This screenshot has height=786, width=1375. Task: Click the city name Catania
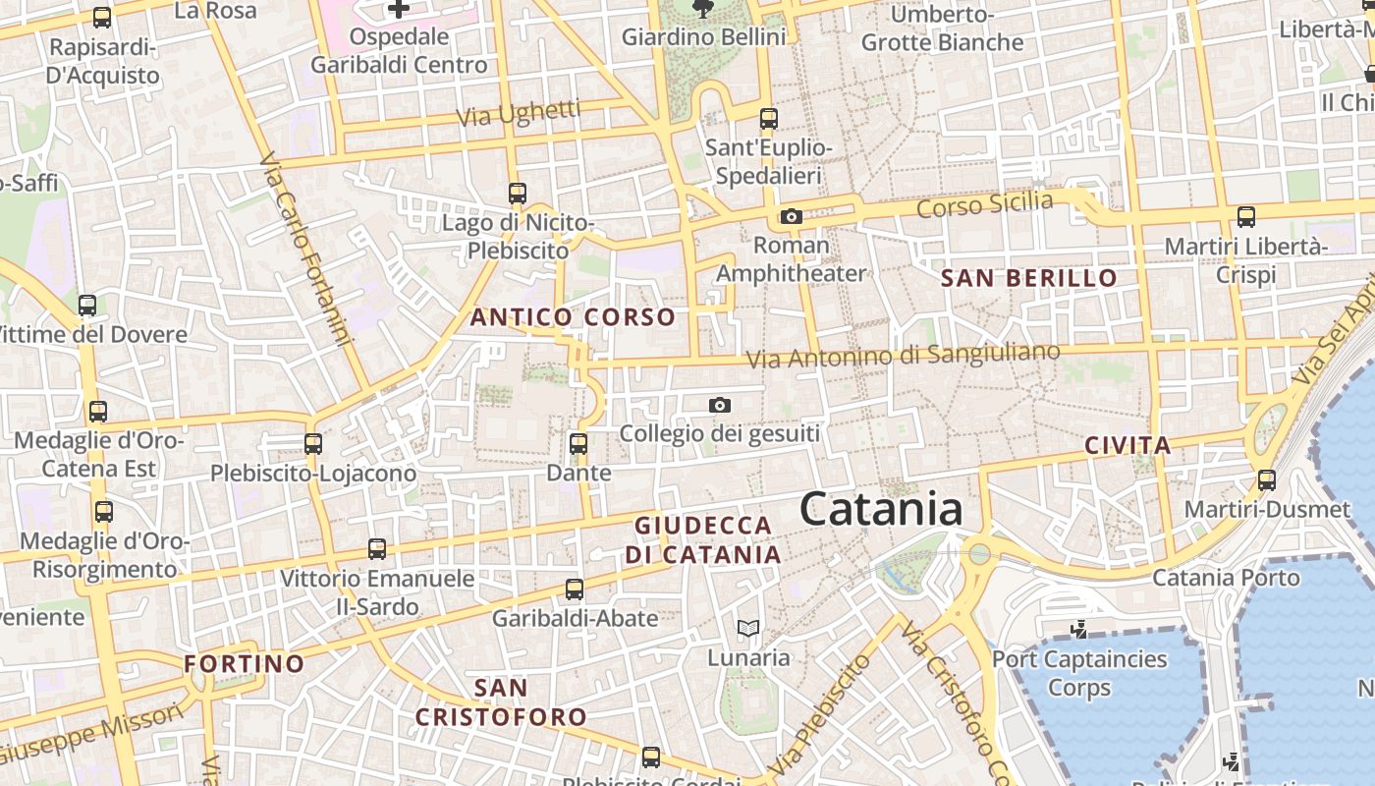(x=880, y=510)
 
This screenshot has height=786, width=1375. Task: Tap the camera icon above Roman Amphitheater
(x=791, y=217)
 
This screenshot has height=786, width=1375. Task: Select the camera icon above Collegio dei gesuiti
(x=720, y=405)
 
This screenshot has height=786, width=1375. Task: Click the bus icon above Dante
(x=578, y=444)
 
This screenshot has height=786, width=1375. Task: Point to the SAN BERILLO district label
(x=1028, y=278)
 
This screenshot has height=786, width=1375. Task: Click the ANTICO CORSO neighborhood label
(x=573, y=317)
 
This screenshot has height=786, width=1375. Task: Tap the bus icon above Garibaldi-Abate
(x=575, y=589)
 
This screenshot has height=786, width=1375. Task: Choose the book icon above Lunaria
(x=748, y=628)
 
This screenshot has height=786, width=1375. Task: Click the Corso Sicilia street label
(x=984, y=205)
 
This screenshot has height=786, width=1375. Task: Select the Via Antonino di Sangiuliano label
(x=904, y=355)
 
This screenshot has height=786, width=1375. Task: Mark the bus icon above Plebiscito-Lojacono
(x=313, y=444)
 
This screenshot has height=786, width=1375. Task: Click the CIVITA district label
(x=1127, y=445)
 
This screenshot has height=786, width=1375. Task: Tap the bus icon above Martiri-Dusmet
(x=1267, y=480)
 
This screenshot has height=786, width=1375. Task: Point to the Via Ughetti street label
(x=519, y=114)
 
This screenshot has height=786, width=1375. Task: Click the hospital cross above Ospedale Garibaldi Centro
(x=398, y=9)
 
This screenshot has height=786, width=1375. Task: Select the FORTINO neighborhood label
(x=244, y=664)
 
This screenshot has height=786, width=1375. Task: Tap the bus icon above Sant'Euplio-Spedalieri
(x=769, y=119)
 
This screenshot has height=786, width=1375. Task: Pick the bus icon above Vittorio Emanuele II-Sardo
(x=377, y=549)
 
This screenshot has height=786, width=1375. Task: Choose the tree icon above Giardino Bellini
(x=703, y=9)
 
